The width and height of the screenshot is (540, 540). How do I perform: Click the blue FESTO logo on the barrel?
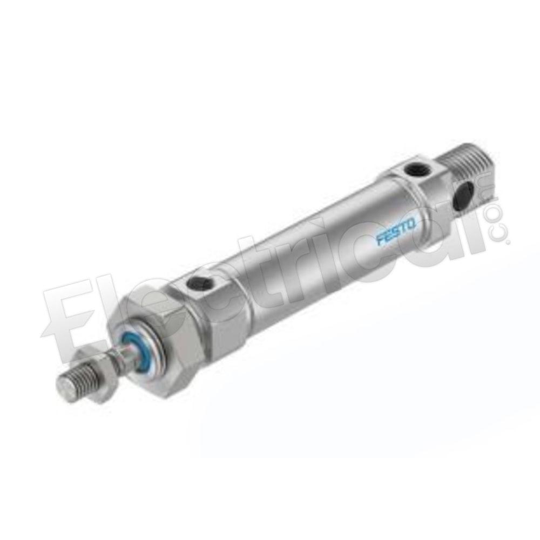click(397, 232)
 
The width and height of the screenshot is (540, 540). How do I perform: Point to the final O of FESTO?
click(413, 224)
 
